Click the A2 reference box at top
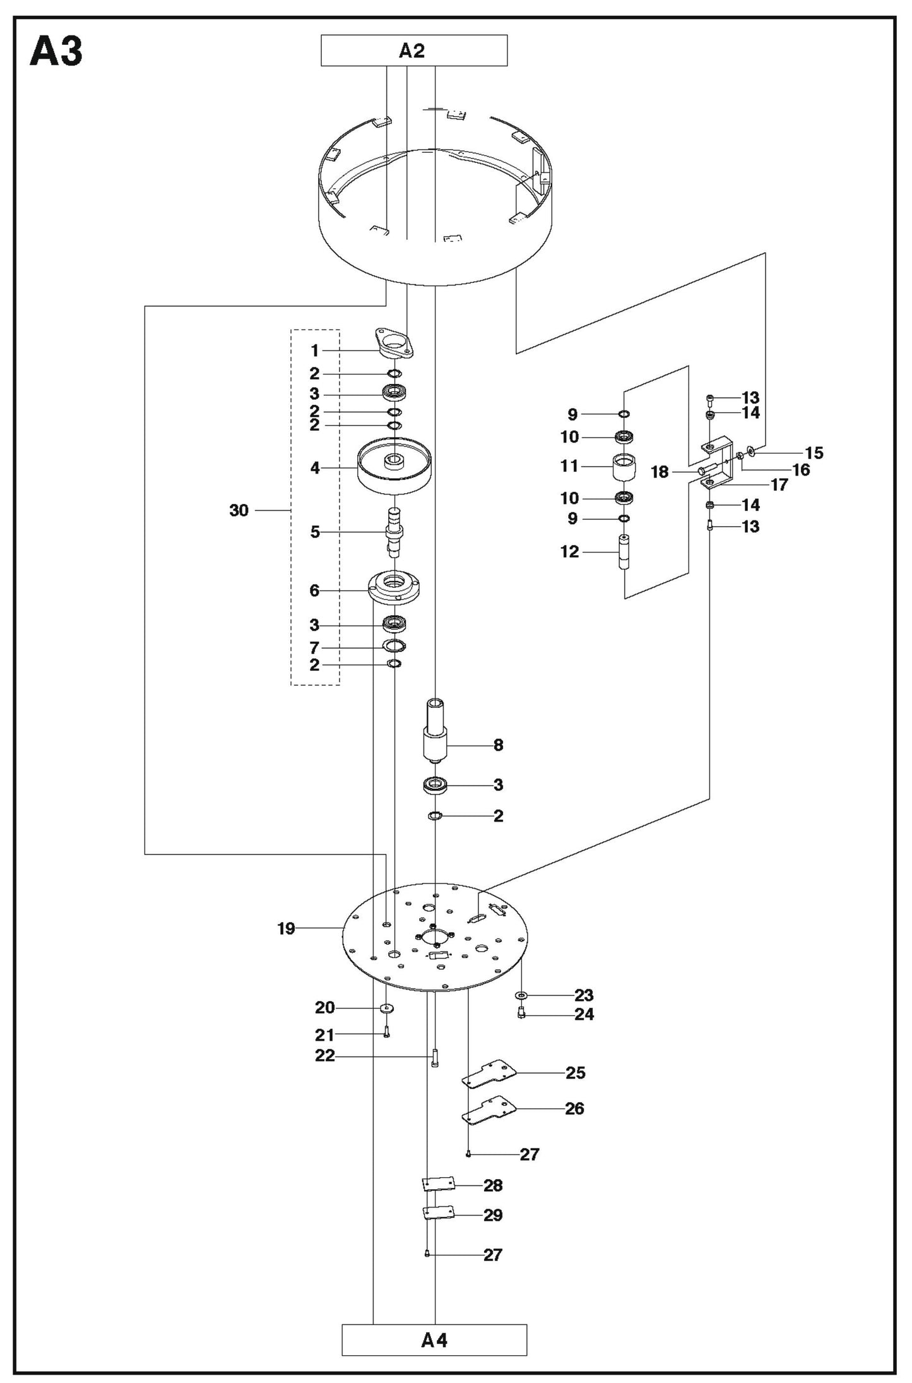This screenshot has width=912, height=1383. click(413, 51)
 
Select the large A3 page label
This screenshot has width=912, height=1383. click(56, 52)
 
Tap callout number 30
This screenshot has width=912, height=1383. click(239, 510)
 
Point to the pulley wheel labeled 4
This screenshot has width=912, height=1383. click(394, 469)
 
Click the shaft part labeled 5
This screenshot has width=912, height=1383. click(394, 532)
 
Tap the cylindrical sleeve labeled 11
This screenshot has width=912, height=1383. click(624, 467)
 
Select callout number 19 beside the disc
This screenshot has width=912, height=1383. click(286, 929)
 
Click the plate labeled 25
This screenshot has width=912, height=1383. click(490, 1074)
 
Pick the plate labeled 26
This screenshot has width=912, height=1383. click(490, 1110)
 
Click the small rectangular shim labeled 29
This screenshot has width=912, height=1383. click(439, 1213)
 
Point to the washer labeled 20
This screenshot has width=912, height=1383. click(386, 1007)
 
